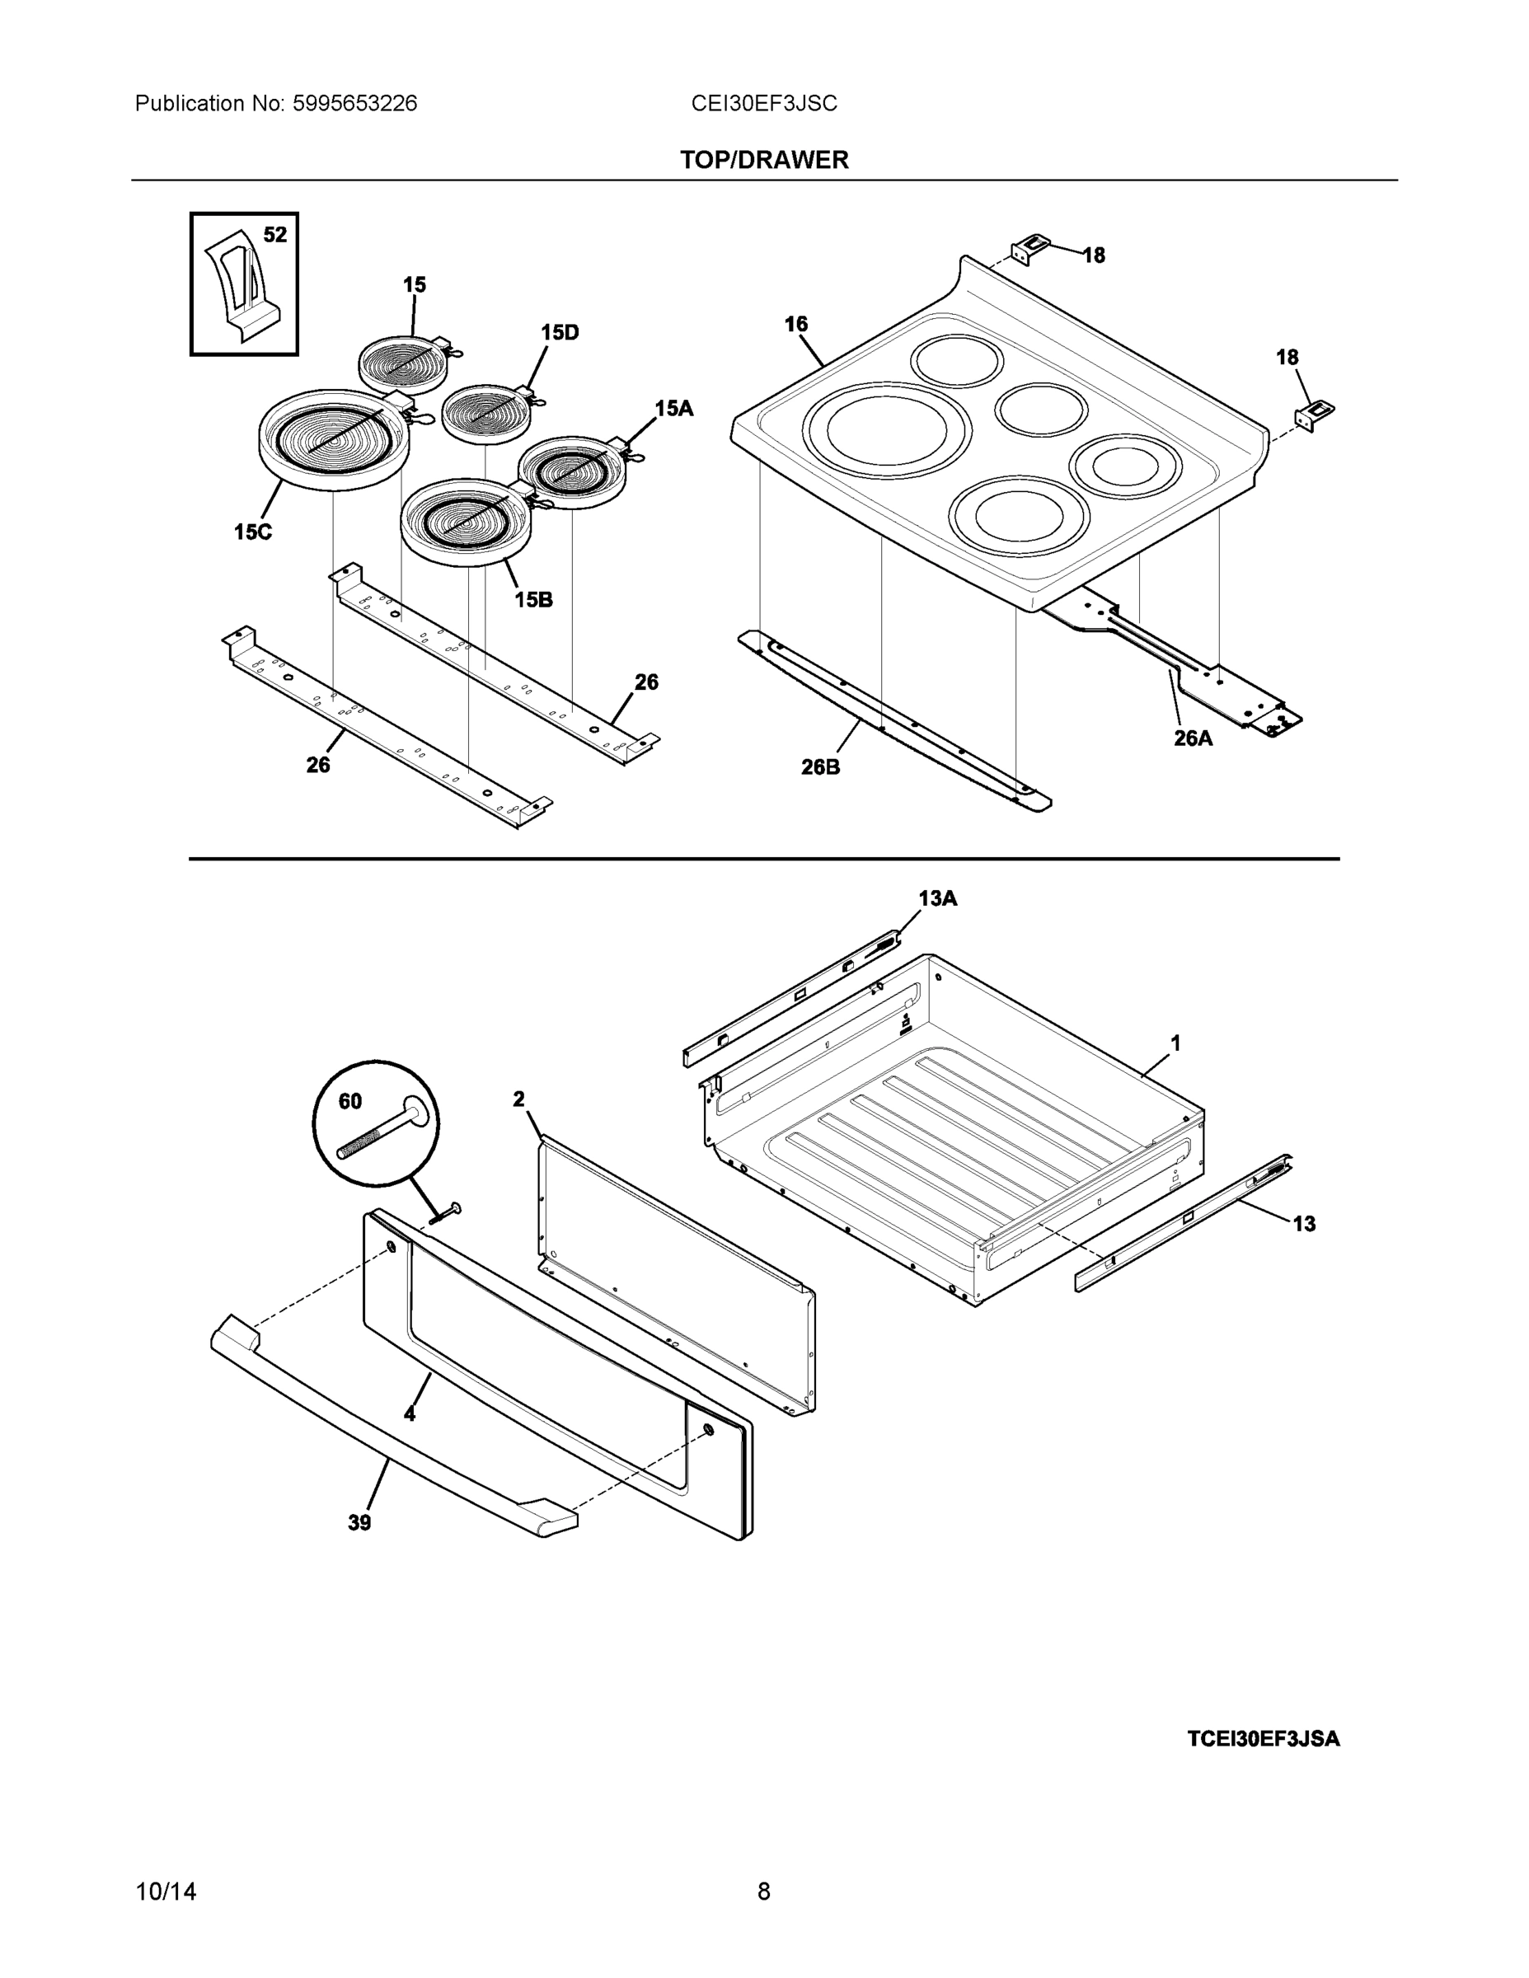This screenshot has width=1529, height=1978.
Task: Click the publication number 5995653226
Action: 354,104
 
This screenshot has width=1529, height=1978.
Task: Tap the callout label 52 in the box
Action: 274,236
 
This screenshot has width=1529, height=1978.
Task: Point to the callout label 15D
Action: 559,332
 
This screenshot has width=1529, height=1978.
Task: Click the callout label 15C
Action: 253,532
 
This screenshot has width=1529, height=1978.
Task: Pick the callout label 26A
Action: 1192,738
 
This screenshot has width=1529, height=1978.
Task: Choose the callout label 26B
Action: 820,767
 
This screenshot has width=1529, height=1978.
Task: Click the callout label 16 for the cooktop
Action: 795,324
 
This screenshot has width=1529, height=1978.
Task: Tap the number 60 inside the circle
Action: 349,1101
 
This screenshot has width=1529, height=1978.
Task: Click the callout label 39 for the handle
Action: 359,1523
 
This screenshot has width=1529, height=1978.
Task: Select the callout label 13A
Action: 936,898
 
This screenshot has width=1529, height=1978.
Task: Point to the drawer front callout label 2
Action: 518,1099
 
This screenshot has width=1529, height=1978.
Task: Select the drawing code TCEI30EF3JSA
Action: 1263,1739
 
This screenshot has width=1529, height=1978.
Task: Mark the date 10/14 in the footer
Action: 166,1892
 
